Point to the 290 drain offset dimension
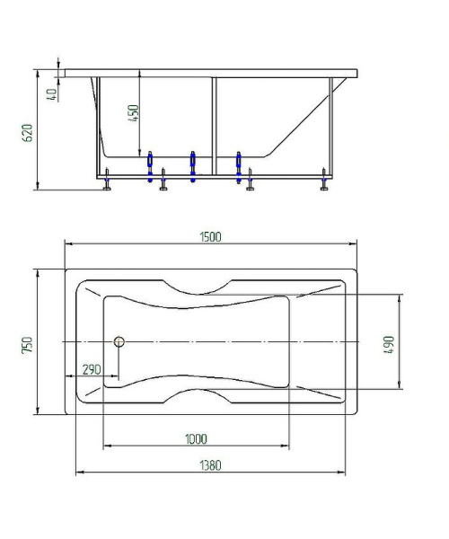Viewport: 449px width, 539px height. coord(91,369)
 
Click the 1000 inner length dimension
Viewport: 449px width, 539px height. coord(196,438)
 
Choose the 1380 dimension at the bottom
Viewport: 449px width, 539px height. coord(210,465)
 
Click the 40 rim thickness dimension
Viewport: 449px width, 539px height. coord(52,92)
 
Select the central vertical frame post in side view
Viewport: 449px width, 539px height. coord(214,126)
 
